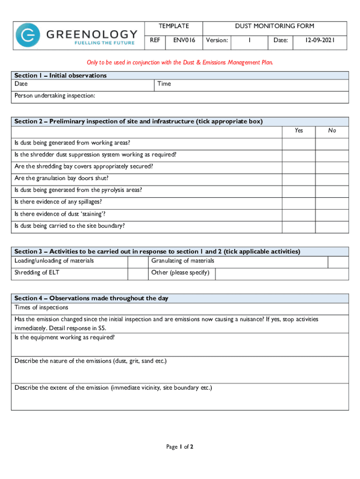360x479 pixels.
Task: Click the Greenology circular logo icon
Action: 28,36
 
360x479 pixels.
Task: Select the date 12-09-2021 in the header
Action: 320,40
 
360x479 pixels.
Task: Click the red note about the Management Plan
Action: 180,62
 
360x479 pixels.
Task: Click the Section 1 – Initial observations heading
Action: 60,75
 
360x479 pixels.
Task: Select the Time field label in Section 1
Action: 164,84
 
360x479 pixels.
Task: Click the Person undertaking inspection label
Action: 55,95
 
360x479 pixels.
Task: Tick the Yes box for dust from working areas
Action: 298,143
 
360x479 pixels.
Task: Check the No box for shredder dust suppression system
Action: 331,154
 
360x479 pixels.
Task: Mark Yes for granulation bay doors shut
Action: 298,178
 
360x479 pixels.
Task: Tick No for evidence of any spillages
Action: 331,202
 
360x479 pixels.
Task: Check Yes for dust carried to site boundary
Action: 298,226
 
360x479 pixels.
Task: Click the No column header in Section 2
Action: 331,131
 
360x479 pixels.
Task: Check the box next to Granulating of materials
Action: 338,261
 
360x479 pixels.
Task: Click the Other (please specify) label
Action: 180,273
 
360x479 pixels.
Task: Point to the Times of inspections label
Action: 41,307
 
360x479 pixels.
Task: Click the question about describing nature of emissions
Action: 90,361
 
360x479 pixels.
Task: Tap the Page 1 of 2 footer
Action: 180,447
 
